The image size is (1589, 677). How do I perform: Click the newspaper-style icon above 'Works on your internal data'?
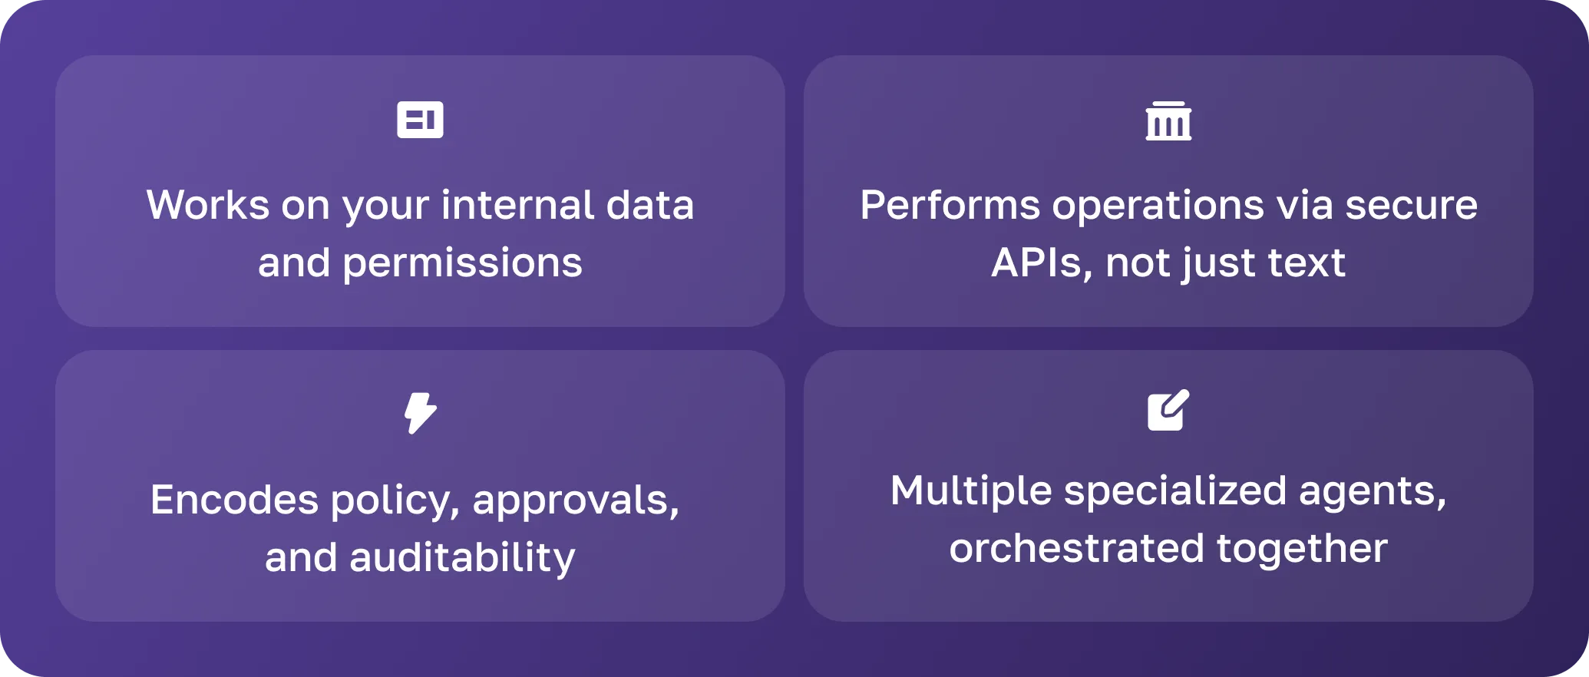[x=420, y=120]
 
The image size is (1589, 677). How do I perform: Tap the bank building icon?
[x=1168, y=121]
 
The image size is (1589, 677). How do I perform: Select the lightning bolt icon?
[x=420, y=413]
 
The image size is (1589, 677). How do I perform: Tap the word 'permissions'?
[x=462, y=263]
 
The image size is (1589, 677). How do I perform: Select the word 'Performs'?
[x=950, y=206]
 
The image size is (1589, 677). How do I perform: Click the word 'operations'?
[x=1158, y=206]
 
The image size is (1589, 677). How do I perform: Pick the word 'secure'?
[x=1411, y=206]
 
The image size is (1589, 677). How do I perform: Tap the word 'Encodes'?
[x=233, y=500]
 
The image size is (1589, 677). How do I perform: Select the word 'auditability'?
[x=462, y=558]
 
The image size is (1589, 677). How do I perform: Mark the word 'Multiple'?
[x=970, y=491]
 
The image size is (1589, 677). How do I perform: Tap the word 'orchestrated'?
[x=1076, y=549]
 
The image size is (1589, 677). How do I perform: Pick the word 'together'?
[x=1302, y=549]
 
